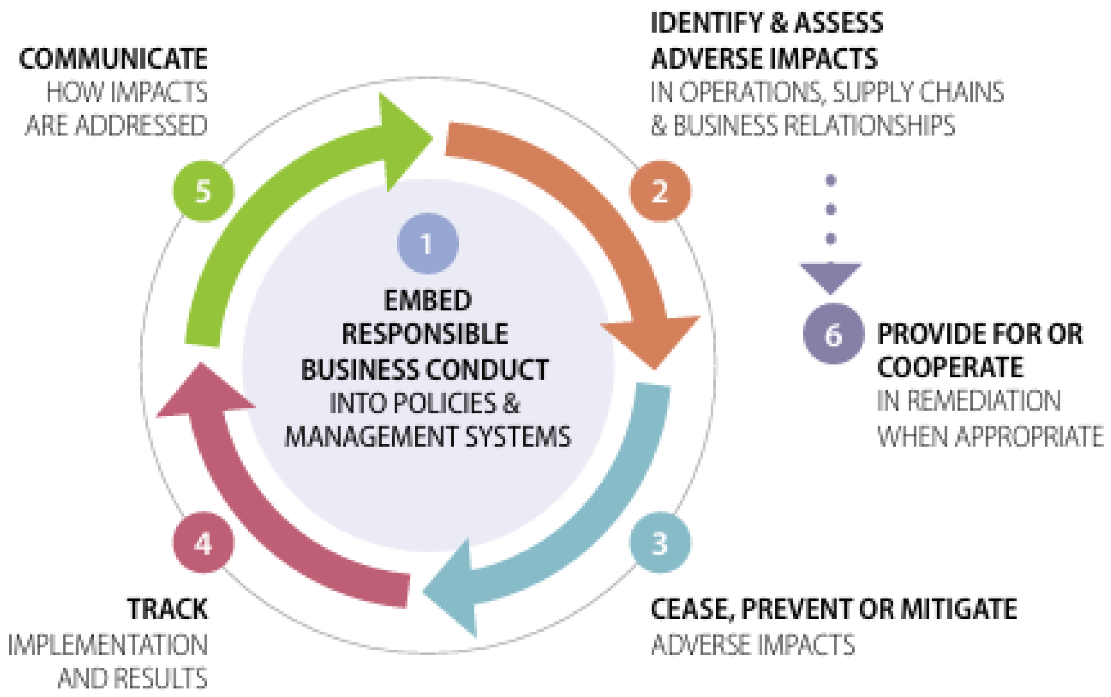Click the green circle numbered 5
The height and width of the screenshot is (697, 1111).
pyautogui.click(x=203, y=191)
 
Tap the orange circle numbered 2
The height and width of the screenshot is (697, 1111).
pyautogui.click(x=660, y=191)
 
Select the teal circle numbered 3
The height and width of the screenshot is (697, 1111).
pyautogui.click(x=660, y=543)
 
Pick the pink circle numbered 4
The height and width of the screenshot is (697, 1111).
pyautogui.click(x=203, y=543)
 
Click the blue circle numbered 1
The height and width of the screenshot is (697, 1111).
pyautogui.click(x=427, y=243)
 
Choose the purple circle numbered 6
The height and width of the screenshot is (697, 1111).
pyautogui.click(x=833, y=334)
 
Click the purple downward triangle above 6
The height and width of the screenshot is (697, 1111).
pyautogui.click(x=830, y=275)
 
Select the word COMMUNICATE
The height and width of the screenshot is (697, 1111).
pyautogui.click(x=113, y=59)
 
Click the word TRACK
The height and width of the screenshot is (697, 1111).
pyautogui.click(x=167, y=609)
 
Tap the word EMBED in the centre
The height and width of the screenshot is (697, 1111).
pyautogui.click(x=427, y=300)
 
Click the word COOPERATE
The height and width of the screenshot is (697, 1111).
pyautogui.click(x=950, y=367)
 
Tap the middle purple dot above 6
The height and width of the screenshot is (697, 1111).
pyautogui.click(x=831, y=209)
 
